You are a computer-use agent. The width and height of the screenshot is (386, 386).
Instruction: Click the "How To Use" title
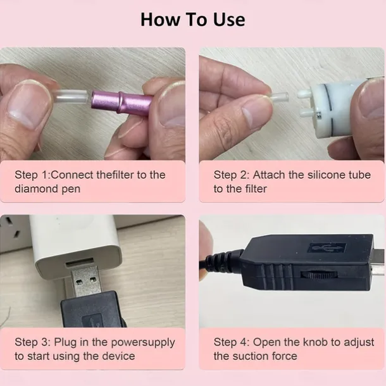click(193, 20)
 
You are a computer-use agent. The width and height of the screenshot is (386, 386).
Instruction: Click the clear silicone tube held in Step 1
click(72, 97)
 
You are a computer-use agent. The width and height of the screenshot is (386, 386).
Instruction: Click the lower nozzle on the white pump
click(306, 113)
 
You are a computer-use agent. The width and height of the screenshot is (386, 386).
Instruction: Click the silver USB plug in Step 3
click(86, 280)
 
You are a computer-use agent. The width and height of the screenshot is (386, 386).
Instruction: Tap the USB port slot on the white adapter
click(80, 263)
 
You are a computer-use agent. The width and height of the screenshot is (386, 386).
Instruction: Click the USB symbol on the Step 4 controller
click(327, 247)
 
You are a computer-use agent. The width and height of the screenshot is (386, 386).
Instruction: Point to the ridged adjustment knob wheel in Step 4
click(319, 275)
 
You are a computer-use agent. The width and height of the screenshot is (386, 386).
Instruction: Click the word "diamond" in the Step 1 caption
click(35, 189)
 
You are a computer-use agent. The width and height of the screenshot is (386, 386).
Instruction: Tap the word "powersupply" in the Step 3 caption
click(143, 343)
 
